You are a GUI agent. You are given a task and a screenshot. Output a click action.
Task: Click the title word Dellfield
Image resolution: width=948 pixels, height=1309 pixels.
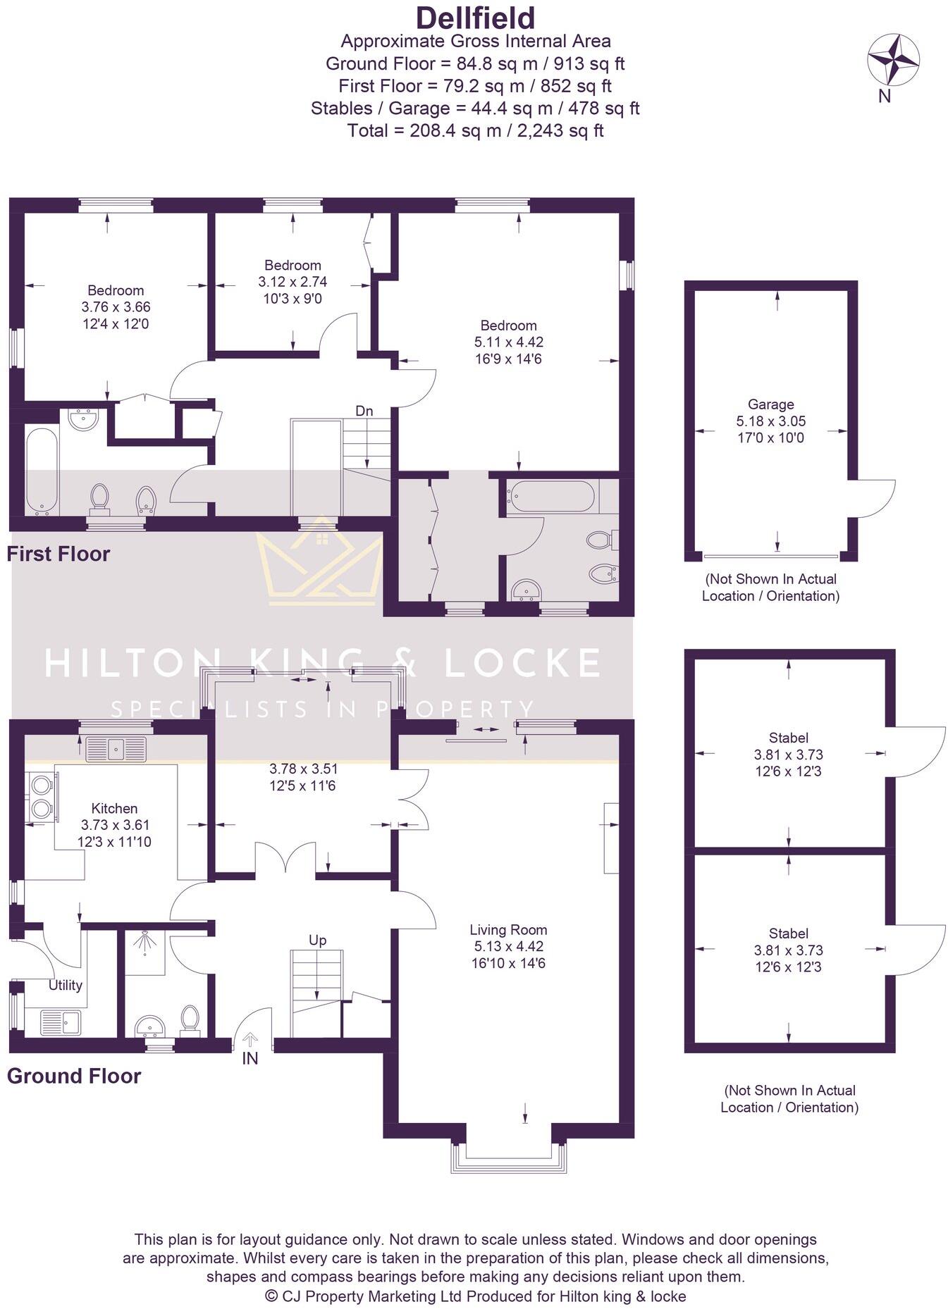coord(475,18)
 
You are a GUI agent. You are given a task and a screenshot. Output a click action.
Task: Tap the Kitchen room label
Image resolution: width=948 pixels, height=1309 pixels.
coord(114,809)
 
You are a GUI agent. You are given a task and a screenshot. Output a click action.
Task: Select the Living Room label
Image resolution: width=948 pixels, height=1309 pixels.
coord(508,930)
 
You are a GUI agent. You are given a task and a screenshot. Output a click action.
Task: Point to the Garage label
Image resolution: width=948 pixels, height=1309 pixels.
coord(770,404)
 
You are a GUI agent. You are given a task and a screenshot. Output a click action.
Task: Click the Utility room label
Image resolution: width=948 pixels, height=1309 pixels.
coord(65,985)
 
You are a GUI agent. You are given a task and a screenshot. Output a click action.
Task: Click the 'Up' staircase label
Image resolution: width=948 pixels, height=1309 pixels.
coord(317,941)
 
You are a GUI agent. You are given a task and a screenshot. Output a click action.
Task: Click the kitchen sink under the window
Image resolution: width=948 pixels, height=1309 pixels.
coord(115,749)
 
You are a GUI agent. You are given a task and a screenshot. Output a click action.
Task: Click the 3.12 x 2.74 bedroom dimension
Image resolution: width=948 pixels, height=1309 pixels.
coord(293,282)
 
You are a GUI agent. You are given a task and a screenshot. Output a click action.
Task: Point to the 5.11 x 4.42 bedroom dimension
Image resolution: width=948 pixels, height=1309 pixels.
coord(508,342)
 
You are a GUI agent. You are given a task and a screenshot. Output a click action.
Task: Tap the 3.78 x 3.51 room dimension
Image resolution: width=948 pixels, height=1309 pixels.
coord(302,769)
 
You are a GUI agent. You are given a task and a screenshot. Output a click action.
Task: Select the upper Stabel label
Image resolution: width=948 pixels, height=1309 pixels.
coord(788,738)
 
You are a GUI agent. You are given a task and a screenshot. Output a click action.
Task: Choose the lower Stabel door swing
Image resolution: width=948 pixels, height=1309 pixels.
coord(918,949)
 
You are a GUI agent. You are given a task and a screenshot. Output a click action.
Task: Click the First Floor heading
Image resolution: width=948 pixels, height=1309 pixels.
coord(59,554)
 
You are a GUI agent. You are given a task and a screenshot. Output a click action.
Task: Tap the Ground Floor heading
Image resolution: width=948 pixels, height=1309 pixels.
coord(74,1076)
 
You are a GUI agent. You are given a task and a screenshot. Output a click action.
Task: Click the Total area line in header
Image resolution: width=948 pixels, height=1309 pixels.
coord(475,130)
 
